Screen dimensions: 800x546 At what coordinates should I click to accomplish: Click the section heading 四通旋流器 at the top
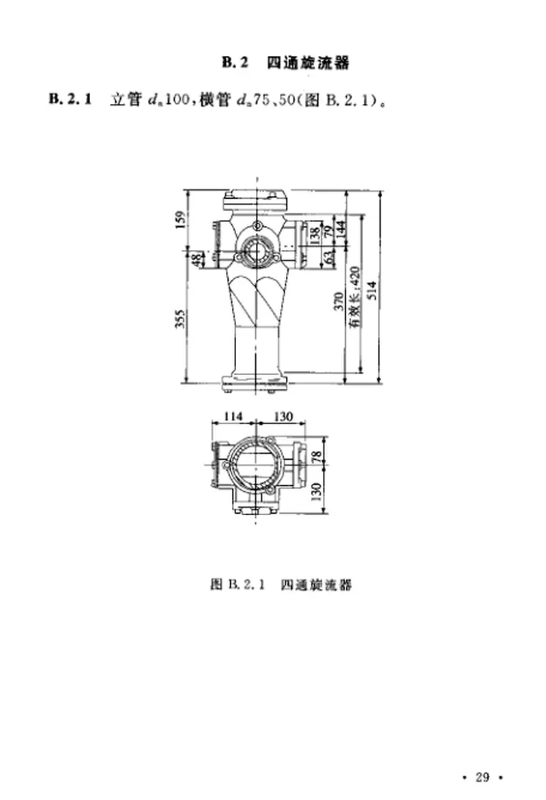coord(307,64)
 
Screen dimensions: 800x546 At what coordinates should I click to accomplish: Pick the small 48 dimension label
coord(198,260)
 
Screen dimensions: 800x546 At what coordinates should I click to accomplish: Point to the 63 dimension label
coord(327,258)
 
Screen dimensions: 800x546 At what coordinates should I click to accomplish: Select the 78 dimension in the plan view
coord(315,456)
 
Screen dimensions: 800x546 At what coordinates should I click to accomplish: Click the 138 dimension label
coord(315,236)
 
